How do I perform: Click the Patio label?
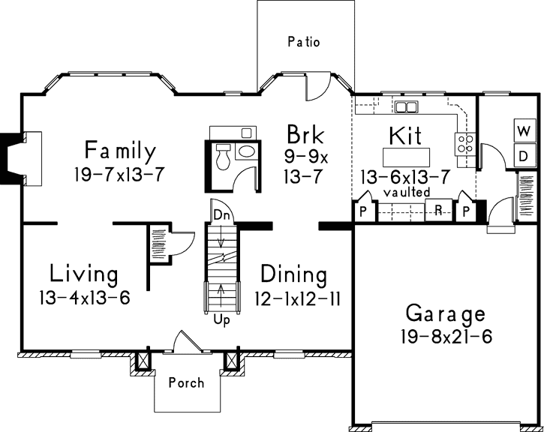[x=304, y=42]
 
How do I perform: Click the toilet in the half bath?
[x=223, y=157]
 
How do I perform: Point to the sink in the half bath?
[x=246, y=152]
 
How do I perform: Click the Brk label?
[x=305, y=135]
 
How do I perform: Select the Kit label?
[x=405, y=136]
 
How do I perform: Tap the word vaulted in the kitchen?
[x=407, y=192]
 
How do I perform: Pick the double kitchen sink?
[x=407, y=106]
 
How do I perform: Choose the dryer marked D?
[x=522, y=155]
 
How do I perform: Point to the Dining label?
[x=293, y=274]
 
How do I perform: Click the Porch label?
[x=186, y=382]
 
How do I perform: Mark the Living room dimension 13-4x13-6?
[x=84, y=298]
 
